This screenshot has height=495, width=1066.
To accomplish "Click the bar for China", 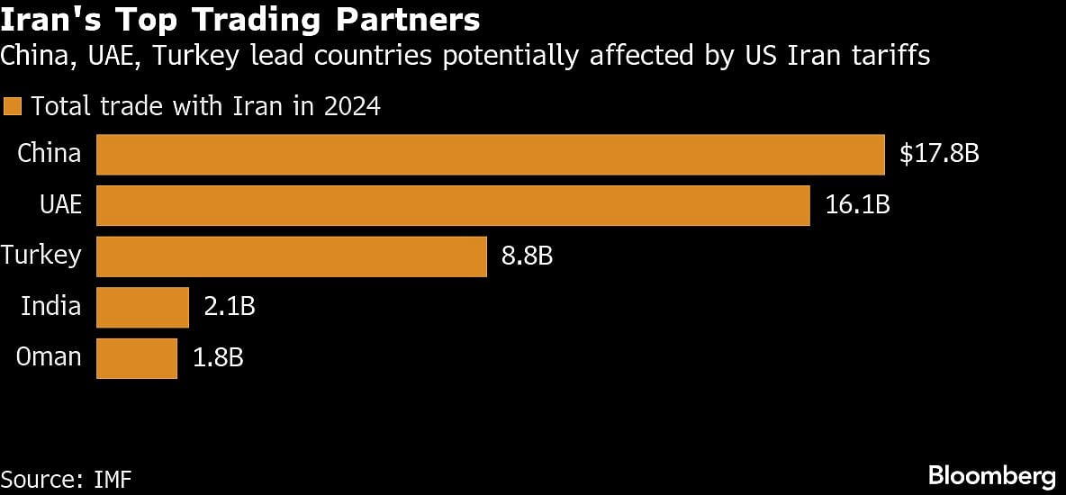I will coord(491,154).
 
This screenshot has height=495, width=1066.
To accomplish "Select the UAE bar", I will coord(453,205).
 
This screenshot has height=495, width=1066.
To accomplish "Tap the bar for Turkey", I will coord(292,256).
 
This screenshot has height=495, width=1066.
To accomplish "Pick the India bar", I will coord(142,308).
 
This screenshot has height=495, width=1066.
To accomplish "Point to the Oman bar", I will coord(137,358).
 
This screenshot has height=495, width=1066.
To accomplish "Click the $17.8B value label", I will coord(939,154).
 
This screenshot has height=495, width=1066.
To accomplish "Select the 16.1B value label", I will coord(857,205).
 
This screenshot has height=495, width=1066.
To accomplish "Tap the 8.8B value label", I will coord(527,256).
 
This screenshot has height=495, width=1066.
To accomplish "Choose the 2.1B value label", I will coord(230,308).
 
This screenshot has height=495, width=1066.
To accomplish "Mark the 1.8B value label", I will coord(217,358).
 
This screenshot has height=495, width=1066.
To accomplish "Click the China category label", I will coord(50,154).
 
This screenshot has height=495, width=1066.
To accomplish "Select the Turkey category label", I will coord(41,256).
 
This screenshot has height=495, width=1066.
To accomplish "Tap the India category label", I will coord(51,307).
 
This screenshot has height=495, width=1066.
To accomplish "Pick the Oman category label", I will coord(50,357).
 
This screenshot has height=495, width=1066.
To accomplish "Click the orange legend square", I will coord(12,107).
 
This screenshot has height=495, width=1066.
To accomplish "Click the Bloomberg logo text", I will coord(991,475).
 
